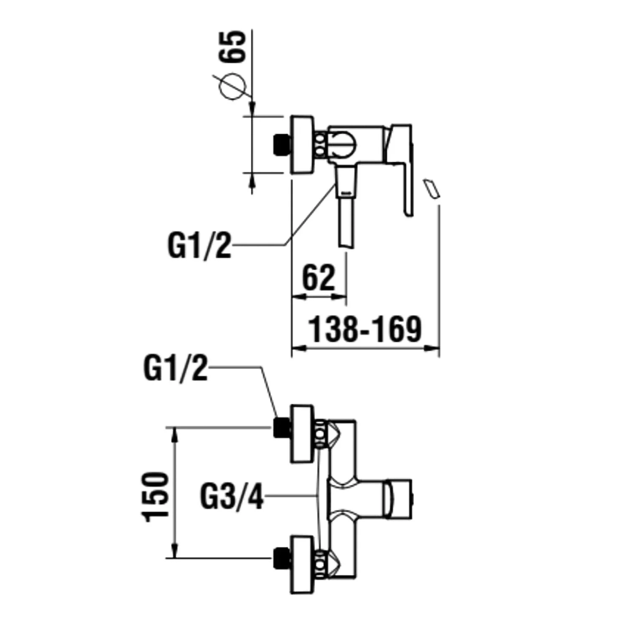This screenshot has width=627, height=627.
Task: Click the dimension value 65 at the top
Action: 232,46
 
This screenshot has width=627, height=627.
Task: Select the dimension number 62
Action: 319,278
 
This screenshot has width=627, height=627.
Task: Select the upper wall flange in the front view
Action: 302,434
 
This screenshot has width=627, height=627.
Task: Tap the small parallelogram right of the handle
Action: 432,189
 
